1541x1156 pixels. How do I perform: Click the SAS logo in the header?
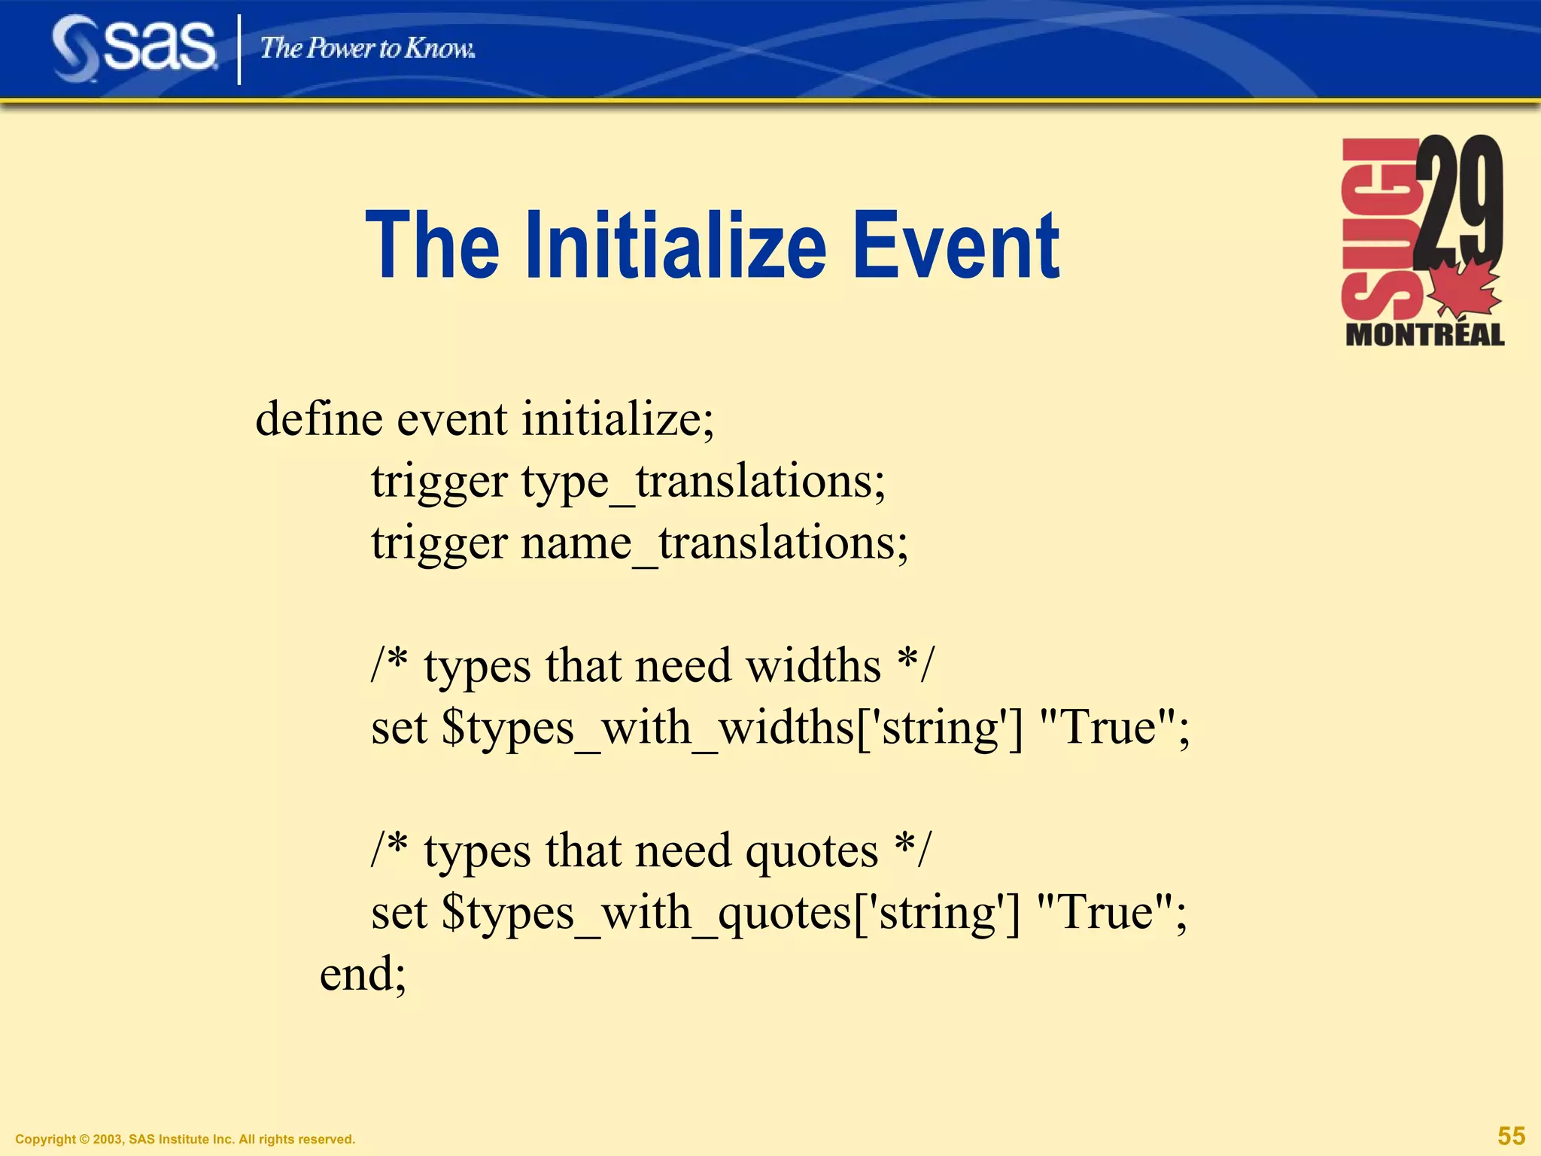[134, 48]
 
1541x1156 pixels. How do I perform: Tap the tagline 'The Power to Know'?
[367, 49]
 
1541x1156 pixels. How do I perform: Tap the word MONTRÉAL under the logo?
[1424, 335]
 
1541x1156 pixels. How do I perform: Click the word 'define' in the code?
[319, 418]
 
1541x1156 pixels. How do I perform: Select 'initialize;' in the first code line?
[618, 418]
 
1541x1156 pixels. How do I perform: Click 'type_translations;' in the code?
[704, 482]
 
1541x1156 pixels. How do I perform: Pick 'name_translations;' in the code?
[715, 543]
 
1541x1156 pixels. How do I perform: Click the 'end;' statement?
[363, 974]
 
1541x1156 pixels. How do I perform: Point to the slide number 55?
[1511, 1136]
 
